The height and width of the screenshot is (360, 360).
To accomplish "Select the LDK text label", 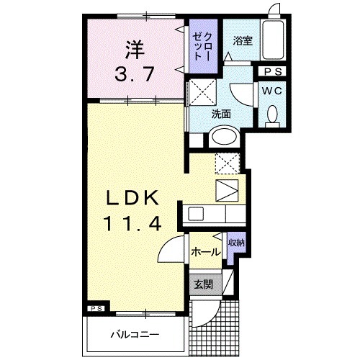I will coord(132,199).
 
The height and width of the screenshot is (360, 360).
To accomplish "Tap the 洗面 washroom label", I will coord(220,113).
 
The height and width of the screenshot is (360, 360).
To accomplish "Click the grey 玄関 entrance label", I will coord(202,283).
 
